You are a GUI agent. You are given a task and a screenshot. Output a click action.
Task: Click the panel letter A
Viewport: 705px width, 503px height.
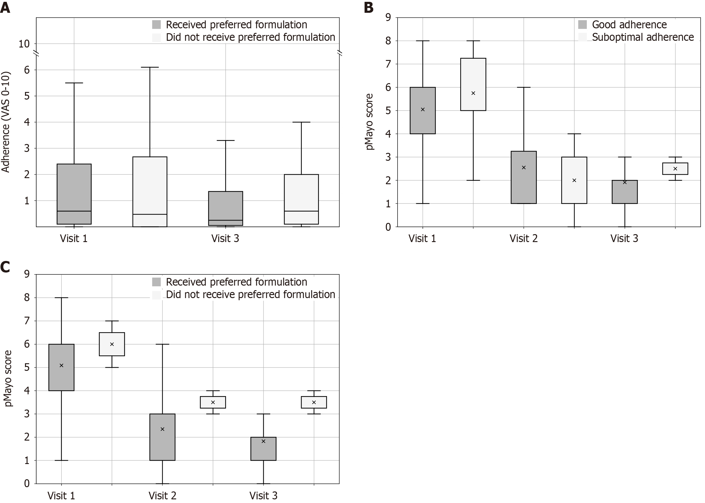point(5,8)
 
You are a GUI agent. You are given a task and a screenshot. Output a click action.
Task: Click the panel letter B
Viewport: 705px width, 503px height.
point(368,8)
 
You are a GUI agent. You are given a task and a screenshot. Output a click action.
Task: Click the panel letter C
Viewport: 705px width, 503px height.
point(5,267)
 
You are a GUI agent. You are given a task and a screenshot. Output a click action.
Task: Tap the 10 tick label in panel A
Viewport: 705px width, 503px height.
point(24,44)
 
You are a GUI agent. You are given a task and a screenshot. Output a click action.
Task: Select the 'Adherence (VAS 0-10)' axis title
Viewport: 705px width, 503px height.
point(6,122)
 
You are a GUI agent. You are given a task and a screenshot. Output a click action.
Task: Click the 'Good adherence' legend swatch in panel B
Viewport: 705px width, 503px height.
point(582,25)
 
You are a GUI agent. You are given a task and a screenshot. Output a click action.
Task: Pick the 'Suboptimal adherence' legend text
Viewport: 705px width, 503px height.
point(643,37)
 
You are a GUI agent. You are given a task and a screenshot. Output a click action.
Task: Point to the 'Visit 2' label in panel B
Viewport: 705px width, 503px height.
point(523,238)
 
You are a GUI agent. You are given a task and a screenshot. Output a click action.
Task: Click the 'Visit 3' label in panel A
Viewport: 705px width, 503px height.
point(225,238)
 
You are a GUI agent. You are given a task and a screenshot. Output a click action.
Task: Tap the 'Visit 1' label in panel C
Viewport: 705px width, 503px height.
point(61,496)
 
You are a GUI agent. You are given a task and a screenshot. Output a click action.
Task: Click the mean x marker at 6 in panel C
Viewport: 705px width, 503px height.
point(112,344)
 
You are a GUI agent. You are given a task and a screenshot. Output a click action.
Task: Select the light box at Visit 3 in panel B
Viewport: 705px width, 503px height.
point(675,169)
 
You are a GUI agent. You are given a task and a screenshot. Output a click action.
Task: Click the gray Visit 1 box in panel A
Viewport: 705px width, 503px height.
point(74,194)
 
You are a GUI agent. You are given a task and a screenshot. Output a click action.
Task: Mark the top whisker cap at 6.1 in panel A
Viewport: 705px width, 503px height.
point(150,67)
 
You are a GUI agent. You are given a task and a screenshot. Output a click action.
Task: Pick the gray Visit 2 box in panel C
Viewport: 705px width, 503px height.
point(162,437)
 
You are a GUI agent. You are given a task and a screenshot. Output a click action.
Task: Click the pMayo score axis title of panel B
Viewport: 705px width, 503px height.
point(369,122)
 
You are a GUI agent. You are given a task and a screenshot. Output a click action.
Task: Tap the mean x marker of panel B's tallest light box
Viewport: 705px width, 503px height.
point(473,93)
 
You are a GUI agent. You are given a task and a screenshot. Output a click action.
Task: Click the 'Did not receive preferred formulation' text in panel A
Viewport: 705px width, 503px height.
point(250,37)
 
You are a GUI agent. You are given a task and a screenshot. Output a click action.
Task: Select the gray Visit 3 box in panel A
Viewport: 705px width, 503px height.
point(225,208)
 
